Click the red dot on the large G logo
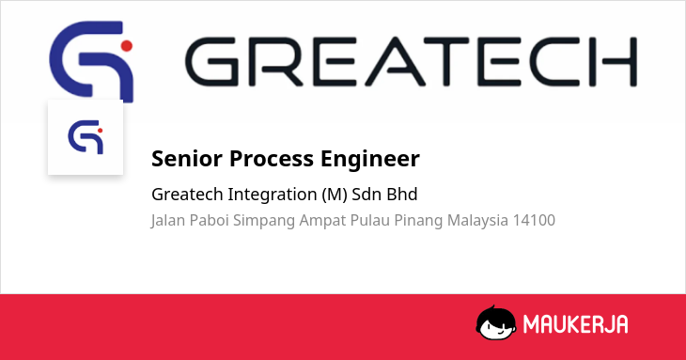click(127, 45)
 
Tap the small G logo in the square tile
click(86, 137)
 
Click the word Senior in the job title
click(187, 158)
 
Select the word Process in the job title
click(272, 158)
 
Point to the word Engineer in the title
click(370, 159)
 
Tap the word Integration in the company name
click(273, 195)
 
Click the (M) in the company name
click(335, 195)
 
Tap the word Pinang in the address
click(418, 221)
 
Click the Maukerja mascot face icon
click(495, 322)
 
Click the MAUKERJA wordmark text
click(576, 324)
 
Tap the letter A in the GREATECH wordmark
click(395, 62)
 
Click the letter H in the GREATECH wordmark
click(619, 62)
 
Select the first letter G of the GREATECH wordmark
click(212, 62)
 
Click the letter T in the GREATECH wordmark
click(446, 62)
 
